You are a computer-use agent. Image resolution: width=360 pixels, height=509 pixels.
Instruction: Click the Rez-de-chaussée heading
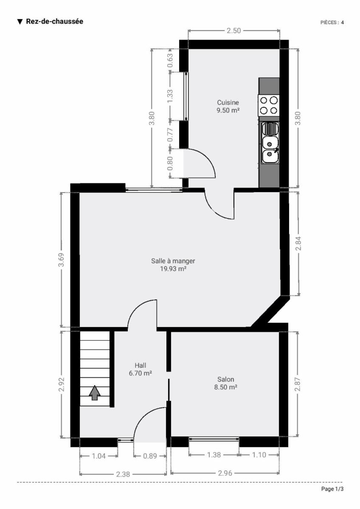(54, 22)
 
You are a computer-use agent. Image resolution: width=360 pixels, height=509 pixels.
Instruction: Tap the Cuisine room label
(228, 103)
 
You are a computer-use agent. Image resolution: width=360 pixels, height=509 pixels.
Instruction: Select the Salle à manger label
(173, 261)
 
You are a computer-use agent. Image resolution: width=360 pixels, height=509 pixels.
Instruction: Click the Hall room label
(141, 365)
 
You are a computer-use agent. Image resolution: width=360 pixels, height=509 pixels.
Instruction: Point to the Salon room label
(225, 379)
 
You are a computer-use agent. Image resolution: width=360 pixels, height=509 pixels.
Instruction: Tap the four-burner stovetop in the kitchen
(269, 106)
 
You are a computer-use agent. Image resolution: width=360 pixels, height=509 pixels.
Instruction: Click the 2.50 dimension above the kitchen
(234, 31)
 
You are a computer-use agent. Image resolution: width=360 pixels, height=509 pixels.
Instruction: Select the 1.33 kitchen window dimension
(170, 96)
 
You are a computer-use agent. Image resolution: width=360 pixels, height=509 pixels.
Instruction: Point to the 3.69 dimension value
(61, 260)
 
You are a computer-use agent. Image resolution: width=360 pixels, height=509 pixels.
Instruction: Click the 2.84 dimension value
(298, 243)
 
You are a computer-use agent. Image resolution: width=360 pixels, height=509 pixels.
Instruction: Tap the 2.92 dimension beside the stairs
(62, 384)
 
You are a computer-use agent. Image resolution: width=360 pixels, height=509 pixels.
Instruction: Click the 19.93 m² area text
(173, 269)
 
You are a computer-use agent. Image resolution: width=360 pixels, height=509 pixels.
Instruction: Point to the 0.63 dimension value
(170, 60)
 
